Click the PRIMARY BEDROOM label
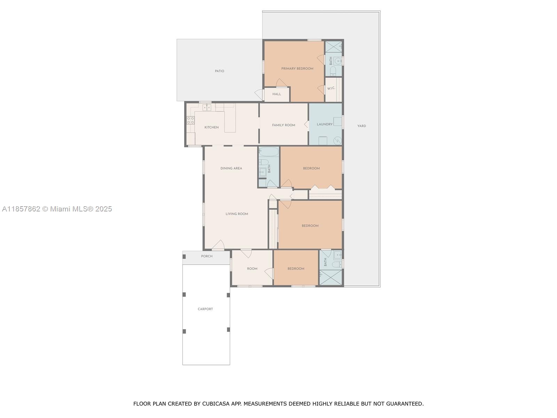coord(297,69)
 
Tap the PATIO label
coord(220,71)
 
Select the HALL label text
coord(277,94)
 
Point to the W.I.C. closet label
coord(331,88)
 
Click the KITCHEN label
coord(211,127)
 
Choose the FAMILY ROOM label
coord(283,125)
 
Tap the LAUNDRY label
coord(324,124)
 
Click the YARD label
coord(362,126)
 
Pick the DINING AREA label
coord(231,168)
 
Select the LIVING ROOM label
coord(237,214)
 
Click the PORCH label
coord(207,256)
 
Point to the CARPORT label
coord(205,309)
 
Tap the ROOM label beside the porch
coord(252,269)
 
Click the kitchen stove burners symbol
coord(190,120)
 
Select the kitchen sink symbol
coord(207,108)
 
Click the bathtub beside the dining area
coord(269,152)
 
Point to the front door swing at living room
coord(219,245)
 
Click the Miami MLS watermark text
coord(57,209)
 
